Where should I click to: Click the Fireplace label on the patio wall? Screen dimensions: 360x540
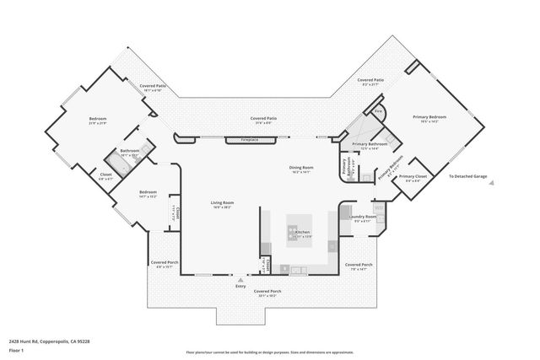(249, 139)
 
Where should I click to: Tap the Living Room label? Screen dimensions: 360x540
(222, 202)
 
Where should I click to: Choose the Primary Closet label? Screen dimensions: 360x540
(416, 177)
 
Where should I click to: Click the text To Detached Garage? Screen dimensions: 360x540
(467, 176)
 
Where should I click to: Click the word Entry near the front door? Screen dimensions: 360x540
(241, 286)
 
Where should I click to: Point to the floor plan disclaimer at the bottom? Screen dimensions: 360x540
(269, 352)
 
